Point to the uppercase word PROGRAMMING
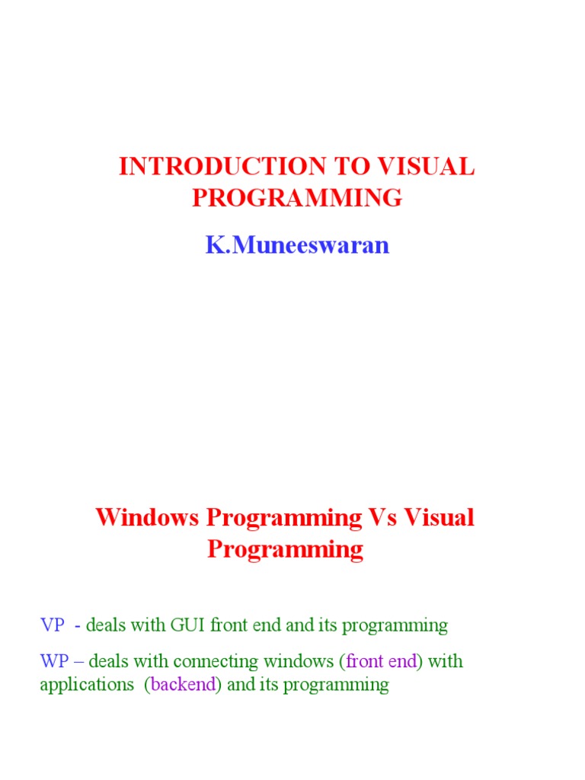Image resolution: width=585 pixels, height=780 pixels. tap(296, 198)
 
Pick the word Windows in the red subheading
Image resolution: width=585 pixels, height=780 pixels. tap(149, 517)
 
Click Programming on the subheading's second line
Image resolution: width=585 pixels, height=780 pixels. tap(285, 549)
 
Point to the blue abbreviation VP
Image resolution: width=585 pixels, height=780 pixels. tap(53, 625)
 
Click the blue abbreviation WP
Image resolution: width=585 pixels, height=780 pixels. tap(54, 661)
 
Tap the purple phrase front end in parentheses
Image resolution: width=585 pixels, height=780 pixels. tap(382, 661)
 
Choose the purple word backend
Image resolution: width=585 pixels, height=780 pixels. tap(183, 684)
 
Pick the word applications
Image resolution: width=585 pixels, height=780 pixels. tap(86, 684)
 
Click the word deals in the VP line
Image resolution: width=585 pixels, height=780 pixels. tap(106, 625)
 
